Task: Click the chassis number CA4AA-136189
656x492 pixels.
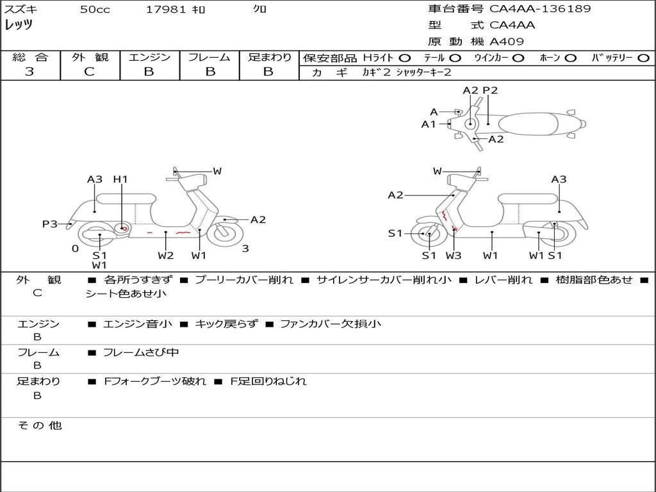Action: (540, 9)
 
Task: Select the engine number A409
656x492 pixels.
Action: (506, 42)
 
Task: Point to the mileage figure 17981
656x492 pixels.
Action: (165, 9)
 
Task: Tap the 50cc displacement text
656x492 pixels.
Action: (95, 9)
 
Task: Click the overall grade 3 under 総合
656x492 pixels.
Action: (29, 72)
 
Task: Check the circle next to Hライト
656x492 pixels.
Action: (405, 58)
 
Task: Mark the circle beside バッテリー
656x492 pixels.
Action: (644, 58)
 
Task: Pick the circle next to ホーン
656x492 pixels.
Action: (570, 58)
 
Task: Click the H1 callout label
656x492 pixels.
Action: (120, 179)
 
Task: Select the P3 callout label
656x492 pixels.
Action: (49, 224)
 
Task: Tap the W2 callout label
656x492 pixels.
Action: (166, 255)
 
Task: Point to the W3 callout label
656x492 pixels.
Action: (454, 255)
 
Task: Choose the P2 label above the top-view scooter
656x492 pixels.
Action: (490, 90)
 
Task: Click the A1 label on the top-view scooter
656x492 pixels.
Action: (429, 124)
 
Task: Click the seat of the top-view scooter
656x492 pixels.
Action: (529, 124)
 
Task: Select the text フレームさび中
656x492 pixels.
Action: (141, 353)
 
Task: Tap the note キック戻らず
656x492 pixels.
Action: (226, 324)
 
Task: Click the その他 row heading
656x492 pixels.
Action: (39, 425)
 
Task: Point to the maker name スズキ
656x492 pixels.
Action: (20, 9)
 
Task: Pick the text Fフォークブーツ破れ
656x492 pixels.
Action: (155, 381)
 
